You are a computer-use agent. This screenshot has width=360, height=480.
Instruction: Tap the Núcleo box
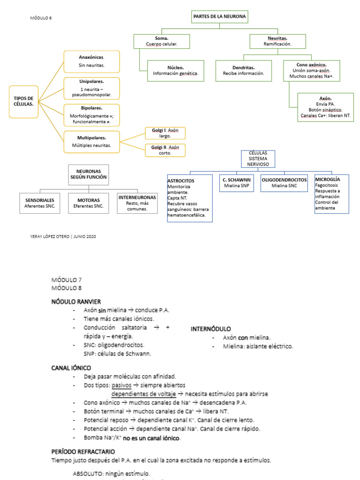click(x=176, y=71)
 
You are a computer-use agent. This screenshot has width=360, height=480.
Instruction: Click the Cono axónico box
click(x=312, y=71)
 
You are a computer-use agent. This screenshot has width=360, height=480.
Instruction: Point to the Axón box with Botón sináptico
click(x=325, y=107)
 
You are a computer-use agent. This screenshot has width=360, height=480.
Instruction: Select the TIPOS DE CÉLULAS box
click(x=24, y=101)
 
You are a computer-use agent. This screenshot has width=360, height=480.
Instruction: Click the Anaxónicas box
click(x=91, y=61)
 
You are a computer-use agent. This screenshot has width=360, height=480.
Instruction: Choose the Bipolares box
click(x=91, y=115)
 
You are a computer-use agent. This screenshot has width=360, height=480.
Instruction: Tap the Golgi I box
click(x=165, y=133)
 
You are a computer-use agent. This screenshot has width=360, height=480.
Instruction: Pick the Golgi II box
click(x=165, y=150)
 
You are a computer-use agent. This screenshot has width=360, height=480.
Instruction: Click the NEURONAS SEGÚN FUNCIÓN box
click(x=89, y=175)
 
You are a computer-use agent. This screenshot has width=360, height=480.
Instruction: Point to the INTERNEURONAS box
click(x=137, y=203)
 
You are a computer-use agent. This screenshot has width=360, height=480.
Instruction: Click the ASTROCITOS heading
click(x=181, y=180)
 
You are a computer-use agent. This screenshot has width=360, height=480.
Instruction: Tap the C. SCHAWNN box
click(x=237, y=183)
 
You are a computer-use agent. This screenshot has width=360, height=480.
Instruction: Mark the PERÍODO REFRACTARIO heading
click(x=83, y=451)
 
